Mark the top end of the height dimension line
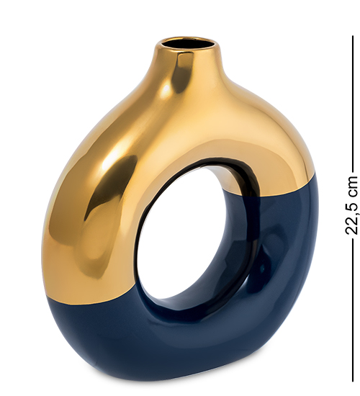click(352, 36)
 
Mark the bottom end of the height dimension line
click(352, 382)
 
